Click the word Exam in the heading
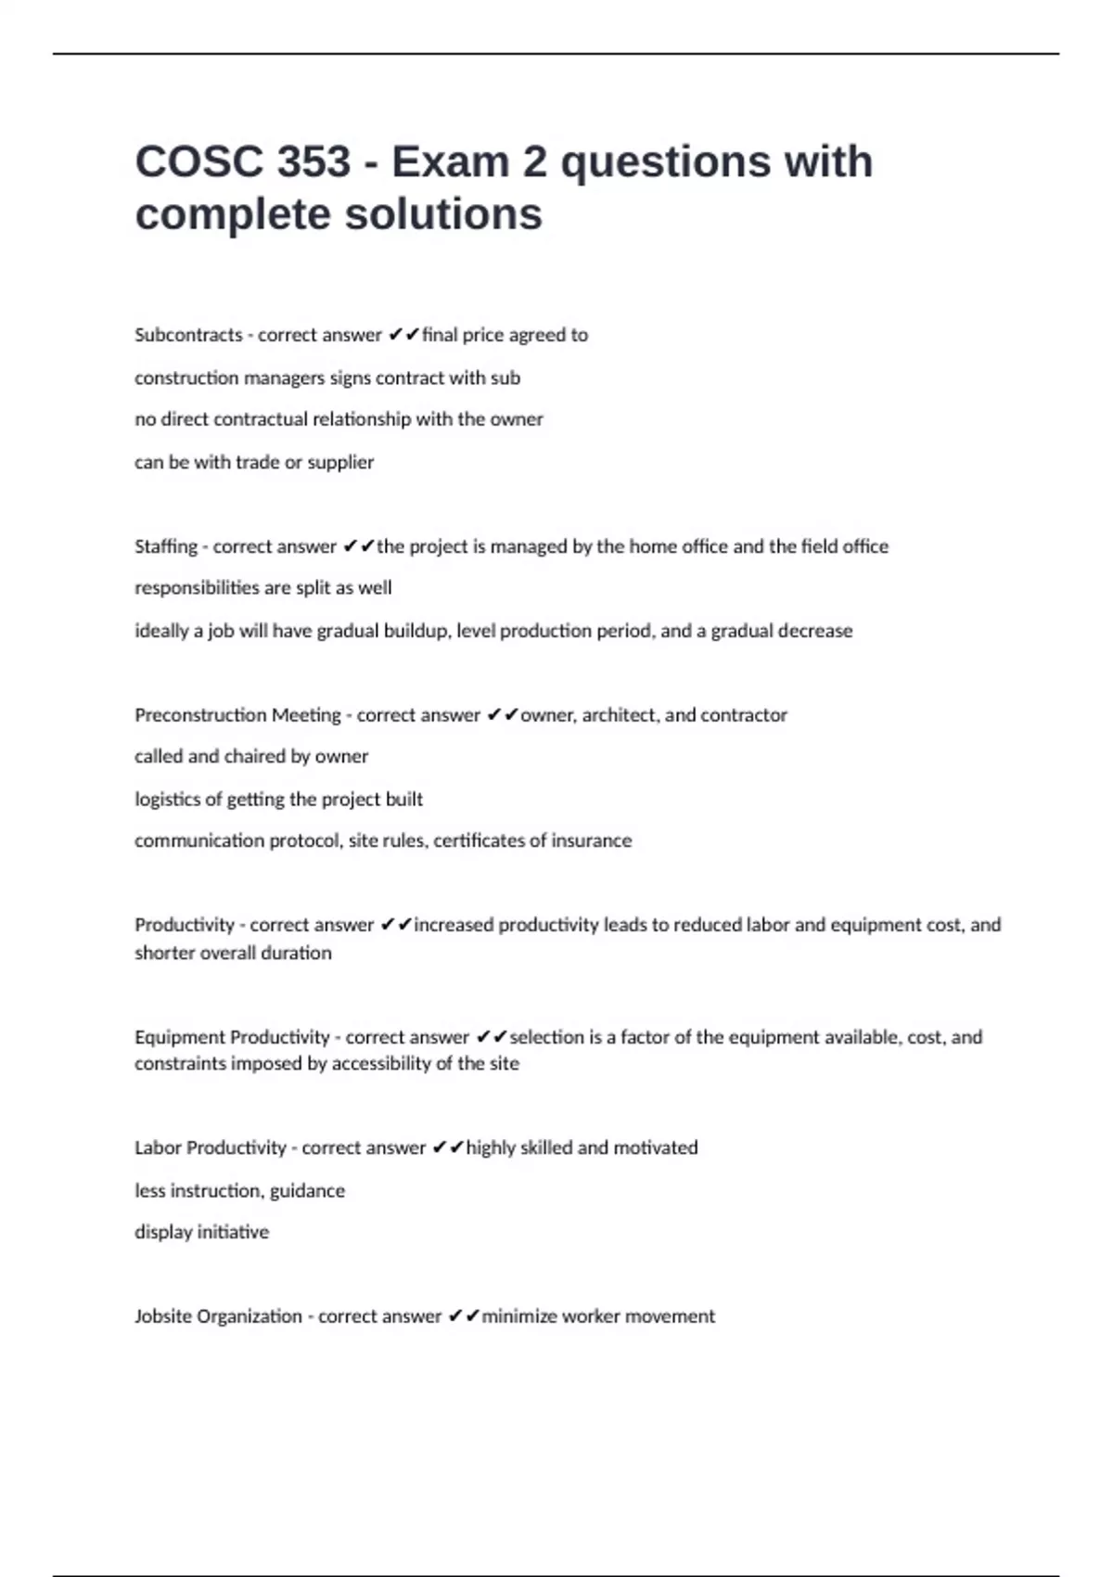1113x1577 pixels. pos(447,162)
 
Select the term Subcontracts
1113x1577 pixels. pos(188,335)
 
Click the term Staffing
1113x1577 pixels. pos(166,546)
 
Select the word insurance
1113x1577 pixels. pos(592,840)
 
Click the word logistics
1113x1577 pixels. pos(167,799)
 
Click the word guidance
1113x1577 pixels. pos(307,1190)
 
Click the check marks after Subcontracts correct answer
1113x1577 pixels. pos(403,335)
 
